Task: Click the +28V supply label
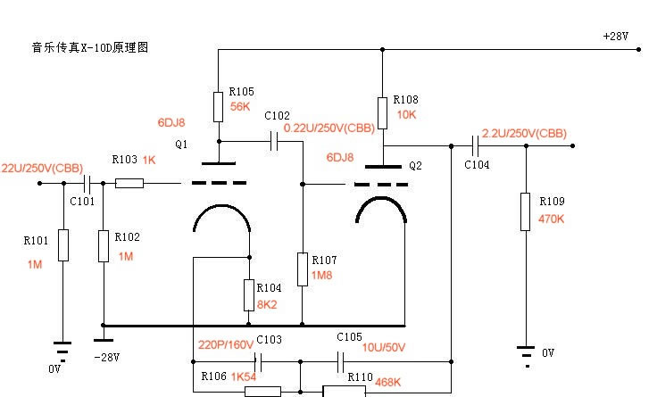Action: pos(617,37)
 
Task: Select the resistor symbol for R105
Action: pos(219,105)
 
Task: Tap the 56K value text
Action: pos(241,106)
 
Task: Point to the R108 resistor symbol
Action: pos(382,112)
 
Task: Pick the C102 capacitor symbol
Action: pos(272,141)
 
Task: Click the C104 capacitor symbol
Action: pos(473,145)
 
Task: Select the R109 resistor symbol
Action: pos(525,211)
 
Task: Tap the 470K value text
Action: pos(552,219)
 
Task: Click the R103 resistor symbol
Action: pos(129,184)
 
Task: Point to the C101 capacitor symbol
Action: pos(87,184)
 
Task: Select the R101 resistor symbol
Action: pos(62,245)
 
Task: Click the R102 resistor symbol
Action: pos(104,245)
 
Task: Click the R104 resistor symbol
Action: pos(250,294)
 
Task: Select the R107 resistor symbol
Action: pos(304,269)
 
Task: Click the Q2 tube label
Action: pos(414,165)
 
